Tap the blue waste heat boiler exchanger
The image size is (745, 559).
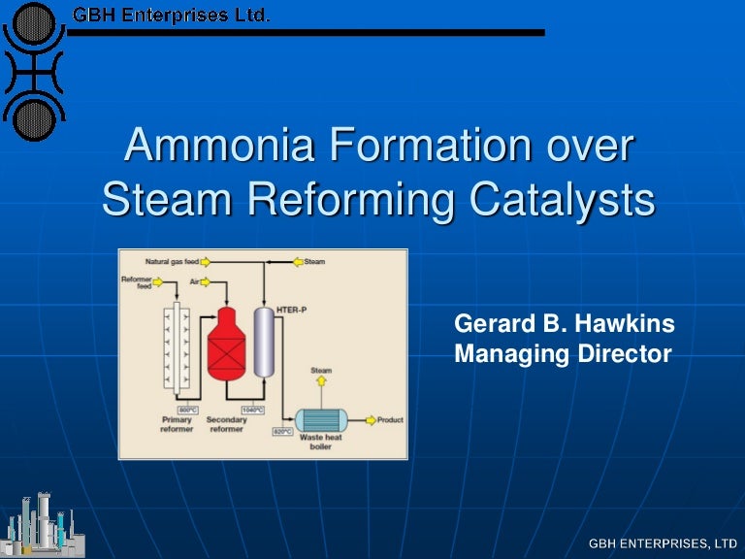pos(321,420)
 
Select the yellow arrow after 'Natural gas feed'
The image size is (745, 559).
pos(206,261)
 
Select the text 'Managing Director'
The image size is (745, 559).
pos(563,354)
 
